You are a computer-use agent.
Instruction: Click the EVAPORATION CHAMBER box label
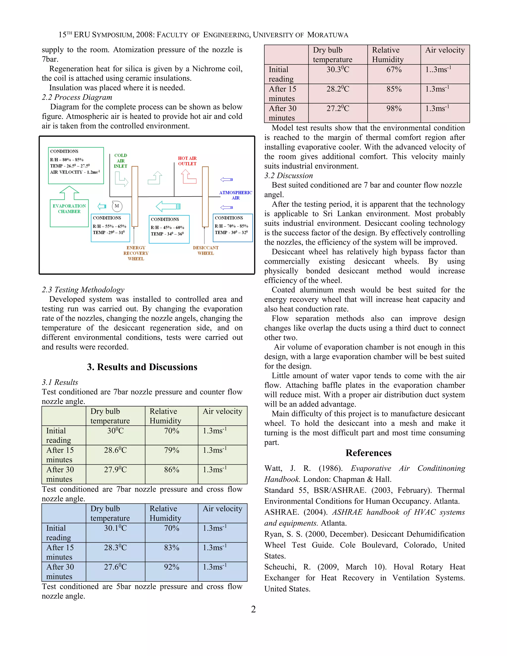(x=69, y=208)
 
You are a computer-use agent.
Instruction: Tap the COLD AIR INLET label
(x=121, y=161)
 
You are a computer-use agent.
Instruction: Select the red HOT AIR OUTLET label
(x=187, y=161)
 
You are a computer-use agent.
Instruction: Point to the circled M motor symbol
(x=117, y=206)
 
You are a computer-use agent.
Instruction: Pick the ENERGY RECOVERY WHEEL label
(x=136, y=253)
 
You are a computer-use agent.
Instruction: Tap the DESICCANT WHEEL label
(x=205, y=251)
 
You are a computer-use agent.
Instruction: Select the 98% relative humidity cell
(x=394, y=108)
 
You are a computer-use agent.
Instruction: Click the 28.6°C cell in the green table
(x=115, y=450)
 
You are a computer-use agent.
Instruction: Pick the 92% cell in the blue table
(x=172, y=567)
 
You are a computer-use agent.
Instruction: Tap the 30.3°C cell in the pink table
(x=338, y=70)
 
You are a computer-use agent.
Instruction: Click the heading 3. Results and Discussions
(x=142, y=367)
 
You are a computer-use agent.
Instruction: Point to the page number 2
(x=253, y=609)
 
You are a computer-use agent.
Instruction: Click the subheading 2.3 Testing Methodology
(x=83, y=290)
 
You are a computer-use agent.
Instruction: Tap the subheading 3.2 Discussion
(x=288, y=176)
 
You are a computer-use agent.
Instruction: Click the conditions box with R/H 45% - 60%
(x=169, y=229)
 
